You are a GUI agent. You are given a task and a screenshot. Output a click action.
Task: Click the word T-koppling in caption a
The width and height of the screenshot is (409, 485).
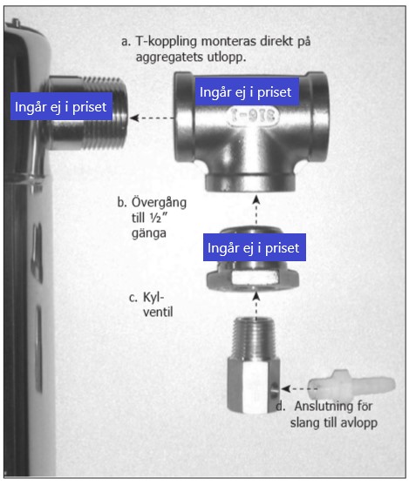pos(166,42)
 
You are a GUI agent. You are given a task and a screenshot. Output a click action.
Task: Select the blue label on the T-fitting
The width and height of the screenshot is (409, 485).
pos(247,92)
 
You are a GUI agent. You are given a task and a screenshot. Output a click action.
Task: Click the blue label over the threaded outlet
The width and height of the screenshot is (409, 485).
pos(61,106)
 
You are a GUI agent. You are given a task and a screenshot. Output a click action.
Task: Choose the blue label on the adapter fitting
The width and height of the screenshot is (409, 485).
pos(255,247)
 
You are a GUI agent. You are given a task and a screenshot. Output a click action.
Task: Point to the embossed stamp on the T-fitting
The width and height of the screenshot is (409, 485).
pos(252,117)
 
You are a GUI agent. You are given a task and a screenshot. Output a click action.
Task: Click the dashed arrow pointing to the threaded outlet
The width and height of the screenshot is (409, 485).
pos(152,118)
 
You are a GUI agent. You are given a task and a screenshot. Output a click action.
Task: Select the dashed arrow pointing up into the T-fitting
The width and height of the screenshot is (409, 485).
pos(256,210)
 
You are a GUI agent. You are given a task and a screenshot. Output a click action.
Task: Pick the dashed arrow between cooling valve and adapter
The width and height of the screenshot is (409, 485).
pos(256,305)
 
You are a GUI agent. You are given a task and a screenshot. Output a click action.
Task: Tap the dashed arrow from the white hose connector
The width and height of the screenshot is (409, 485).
pos(299,388)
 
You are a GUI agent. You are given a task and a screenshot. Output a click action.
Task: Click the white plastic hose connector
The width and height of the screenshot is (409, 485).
pos(351,385)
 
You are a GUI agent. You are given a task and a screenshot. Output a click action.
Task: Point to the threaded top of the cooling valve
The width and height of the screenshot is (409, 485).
pos(254,338)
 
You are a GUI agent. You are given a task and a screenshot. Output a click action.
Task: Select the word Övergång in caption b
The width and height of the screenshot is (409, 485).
pos(159,203)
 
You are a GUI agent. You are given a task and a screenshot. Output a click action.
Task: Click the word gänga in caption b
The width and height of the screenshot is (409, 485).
pos(149,233)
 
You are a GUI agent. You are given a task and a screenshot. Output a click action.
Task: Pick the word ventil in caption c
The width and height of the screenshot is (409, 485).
pos(158,312)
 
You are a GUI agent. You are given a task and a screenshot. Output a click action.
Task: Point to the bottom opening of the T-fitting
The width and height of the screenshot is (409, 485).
pos(250,183)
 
